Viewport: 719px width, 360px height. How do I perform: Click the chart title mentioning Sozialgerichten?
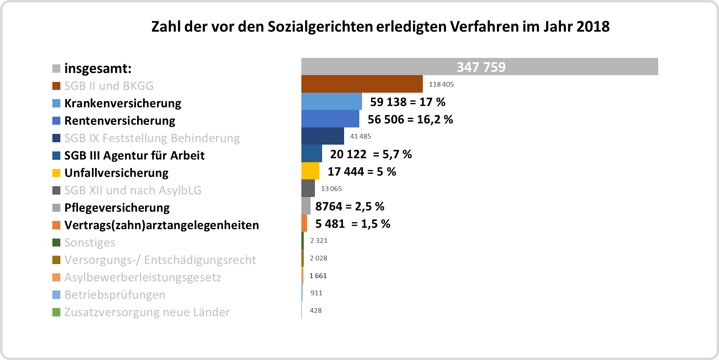coord(380,27)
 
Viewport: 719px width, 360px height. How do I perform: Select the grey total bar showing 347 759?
coord(480,67)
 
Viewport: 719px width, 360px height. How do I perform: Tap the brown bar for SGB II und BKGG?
coord(362,84)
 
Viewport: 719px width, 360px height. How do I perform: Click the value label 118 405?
coord(441,84)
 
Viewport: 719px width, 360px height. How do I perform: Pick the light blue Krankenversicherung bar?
coord(331,101)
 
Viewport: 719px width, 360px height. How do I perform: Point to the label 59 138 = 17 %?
coord(408,102)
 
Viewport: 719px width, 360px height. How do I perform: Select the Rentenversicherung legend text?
coord(120,121)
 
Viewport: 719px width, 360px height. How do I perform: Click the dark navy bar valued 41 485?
coord(323,136)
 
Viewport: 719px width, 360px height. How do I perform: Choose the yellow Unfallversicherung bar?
coord(310,171)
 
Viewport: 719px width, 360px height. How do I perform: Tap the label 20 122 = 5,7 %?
coord(371,154)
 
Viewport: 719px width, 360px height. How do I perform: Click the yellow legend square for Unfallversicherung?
coord(56,173)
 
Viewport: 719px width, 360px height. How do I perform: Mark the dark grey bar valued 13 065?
coord(308,189)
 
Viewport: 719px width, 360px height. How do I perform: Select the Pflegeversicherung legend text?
coord(117,208)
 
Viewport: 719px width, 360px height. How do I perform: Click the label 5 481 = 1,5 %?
coord(353,224)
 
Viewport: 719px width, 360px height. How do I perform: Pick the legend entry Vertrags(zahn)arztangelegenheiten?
coord(161,225)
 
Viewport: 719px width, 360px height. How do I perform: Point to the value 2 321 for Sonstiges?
coord(319,241)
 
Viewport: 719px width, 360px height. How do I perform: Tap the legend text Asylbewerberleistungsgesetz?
coord(143,277)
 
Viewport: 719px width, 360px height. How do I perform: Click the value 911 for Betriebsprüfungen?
coord(316,293)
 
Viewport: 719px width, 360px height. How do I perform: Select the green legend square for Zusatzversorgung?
coord(56,312)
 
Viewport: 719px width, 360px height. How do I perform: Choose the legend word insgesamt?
coord(98,68)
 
